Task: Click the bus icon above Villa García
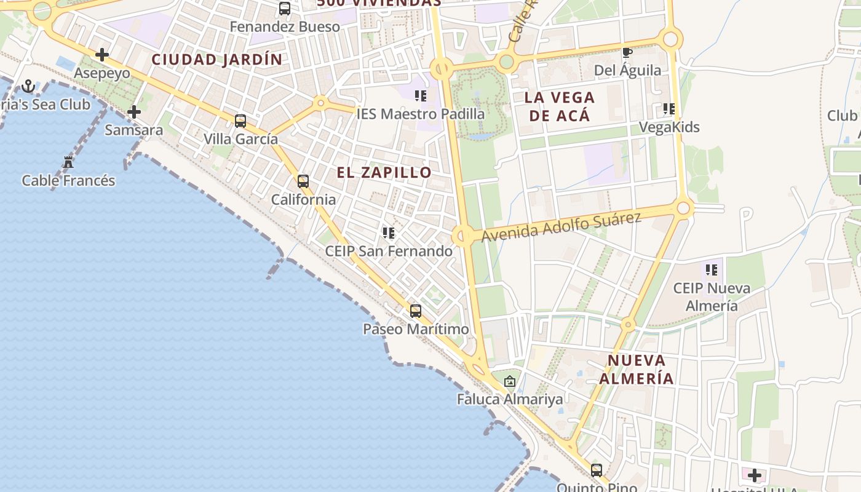point(240,121)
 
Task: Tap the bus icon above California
point(303,181)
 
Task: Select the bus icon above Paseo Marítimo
point(416,311)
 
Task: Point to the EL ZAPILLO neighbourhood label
point(384,173)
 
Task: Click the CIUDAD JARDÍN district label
point(217,60)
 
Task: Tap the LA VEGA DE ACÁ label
point(559,106)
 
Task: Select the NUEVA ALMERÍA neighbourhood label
point(637,369)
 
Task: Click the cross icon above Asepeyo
point(102,55)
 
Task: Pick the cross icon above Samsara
point(133,112)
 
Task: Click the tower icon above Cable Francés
point(68,162)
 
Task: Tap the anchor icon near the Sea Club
point(28,86)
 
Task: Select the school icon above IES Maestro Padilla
point(421,96)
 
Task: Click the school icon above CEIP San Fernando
point(388,233)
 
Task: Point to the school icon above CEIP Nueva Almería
point(712,270)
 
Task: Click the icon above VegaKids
point(669,109)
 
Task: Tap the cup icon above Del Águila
point(627,53)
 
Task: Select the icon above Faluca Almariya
point(509,381)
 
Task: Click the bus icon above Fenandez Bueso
point(285,9)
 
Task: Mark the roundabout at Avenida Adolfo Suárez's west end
point(462,236)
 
